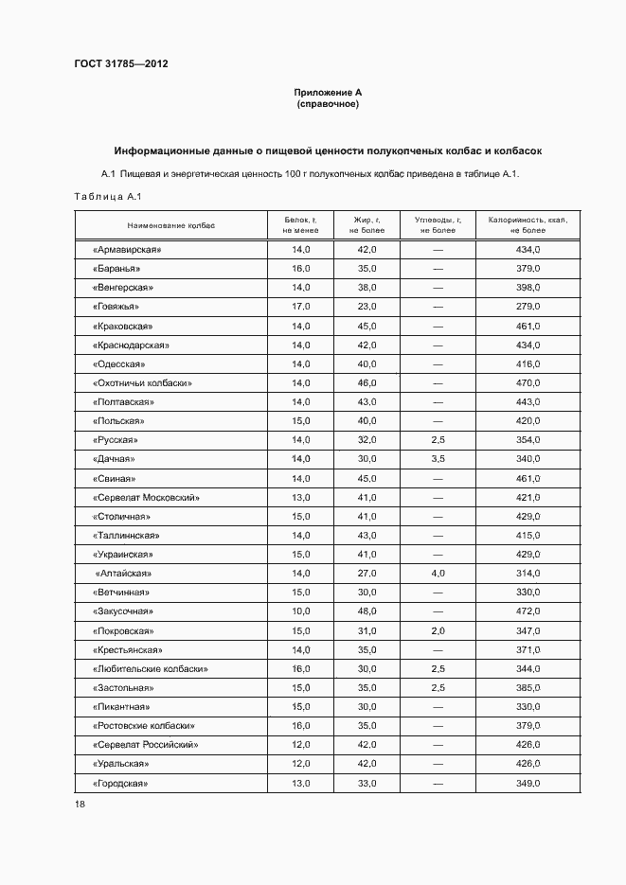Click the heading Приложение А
(328, 93)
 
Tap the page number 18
(80, 804)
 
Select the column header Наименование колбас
(171, 225)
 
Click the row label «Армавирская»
(128, 250)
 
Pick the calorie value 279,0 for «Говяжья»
(528, 307)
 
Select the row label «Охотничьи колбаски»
(143, 383)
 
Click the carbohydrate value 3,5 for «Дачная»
(438, 459)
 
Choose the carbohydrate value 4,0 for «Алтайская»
(438, 574)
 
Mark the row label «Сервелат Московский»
(147, 498)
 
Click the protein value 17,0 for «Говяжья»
(301, 307)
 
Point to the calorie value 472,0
(528, 611)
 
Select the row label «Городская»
(121, 784)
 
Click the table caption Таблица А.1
(107, 197)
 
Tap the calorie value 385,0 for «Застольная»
(528, 688)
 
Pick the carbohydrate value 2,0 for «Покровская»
(438, 631)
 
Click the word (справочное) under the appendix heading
(328, 104)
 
